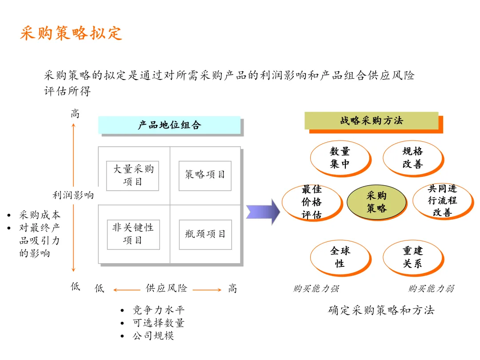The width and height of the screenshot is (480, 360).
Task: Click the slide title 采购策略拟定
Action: coord(71,33)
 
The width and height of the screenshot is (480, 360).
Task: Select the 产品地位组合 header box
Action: coord(169,125)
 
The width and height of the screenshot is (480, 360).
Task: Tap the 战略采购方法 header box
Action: coord(372,120)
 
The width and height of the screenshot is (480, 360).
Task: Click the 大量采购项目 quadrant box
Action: coord(132,176)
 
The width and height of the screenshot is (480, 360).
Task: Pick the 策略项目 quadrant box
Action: coord(205,175)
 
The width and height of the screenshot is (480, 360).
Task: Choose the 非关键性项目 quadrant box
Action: coord(133,234)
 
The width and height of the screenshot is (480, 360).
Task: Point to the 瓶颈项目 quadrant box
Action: coord(205,234)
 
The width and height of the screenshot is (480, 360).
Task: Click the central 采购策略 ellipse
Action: coord(376,202)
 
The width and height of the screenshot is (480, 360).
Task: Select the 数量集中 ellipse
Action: coord(340,158)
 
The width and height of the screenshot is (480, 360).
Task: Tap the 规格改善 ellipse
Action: coord(412,158)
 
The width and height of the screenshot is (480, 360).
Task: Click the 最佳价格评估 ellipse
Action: coord(312,202)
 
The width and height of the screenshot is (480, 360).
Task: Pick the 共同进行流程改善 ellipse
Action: coord(442,201)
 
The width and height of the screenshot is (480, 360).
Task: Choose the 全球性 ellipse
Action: coord(340,257)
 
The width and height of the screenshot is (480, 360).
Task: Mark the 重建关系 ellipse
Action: coord(412,257)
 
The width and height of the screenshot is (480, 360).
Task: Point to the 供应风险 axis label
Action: coord(167,288)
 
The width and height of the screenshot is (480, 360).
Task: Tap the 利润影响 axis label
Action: coord(73,195)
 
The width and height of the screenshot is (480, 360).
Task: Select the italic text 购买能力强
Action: coord(316,289)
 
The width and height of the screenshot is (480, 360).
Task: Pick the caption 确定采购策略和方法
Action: coord(381,310)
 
